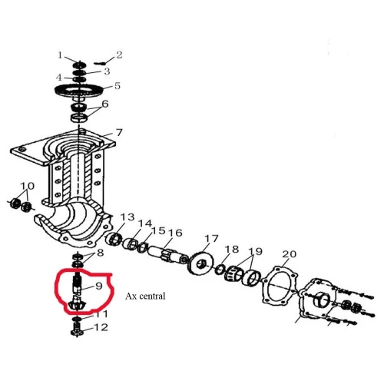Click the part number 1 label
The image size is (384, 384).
point(60,55)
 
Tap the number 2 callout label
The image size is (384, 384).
point(119,55)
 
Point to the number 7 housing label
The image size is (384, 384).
point(119,132)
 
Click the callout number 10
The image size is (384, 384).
point(28,187)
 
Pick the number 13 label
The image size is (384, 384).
point(127,217)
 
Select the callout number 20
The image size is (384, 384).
point(290,254)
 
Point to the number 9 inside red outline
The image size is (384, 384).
point(98,286)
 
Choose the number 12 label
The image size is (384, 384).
point(101,328)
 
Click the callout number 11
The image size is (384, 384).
point(101,315)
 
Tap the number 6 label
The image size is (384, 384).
point(105,104)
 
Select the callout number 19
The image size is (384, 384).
point(255,252)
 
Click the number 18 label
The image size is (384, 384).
point(232,250)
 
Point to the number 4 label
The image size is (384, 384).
point(59,78)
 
